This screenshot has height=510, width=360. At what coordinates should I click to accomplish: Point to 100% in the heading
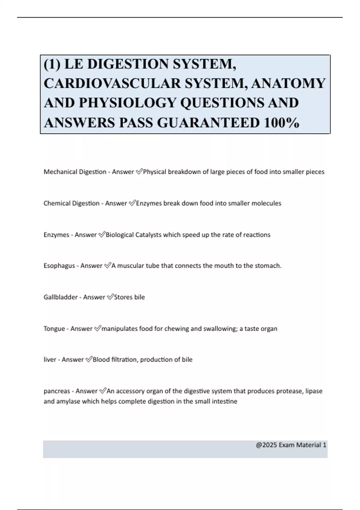tap(281, 122)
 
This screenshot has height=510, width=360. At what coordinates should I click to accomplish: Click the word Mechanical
tap(60, 172)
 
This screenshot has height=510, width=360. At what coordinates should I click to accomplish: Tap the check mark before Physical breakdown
tap(139, 172)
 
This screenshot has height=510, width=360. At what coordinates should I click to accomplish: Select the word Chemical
tap(56, 203)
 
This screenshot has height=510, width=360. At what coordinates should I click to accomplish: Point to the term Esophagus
tap(59, 266)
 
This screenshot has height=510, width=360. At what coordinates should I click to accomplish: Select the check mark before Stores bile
tap(110, 297)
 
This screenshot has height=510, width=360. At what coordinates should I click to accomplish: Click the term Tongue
tap(54, 329)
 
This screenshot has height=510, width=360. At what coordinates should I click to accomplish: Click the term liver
tap(50, 360)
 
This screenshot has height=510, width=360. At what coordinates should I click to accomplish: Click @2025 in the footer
tap(266, 445)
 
